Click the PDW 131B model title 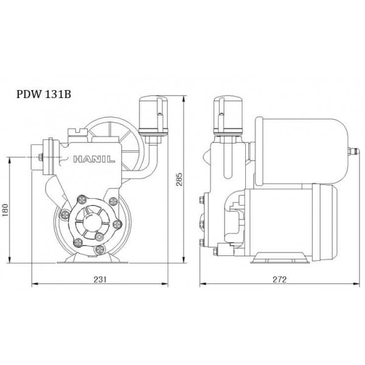point(44,94)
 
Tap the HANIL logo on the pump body point(94,159)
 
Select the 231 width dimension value point(100,279)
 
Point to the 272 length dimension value point(279,279)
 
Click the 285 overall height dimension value point(179,179)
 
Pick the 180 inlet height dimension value point(5,210)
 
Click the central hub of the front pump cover point(92,223)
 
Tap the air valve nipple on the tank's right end point(352,152)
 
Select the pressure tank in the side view point(302,151)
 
